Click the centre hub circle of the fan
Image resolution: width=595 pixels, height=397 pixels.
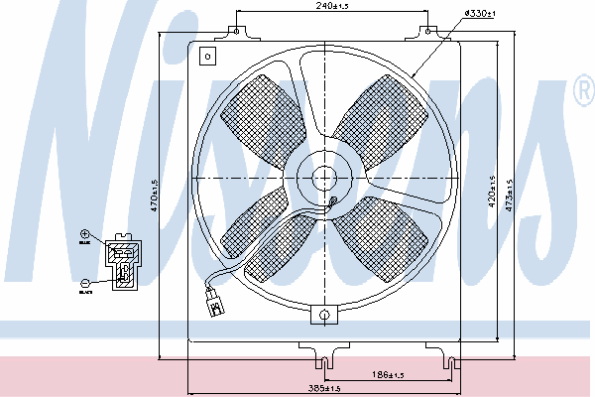[323, 179]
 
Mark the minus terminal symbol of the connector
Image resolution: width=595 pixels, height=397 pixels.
[85, 284]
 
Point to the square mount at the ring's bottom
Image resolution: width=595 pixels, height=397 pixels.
[323, 315]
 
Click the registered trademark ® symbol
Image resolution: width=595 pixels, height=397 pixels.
[583, 94]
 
